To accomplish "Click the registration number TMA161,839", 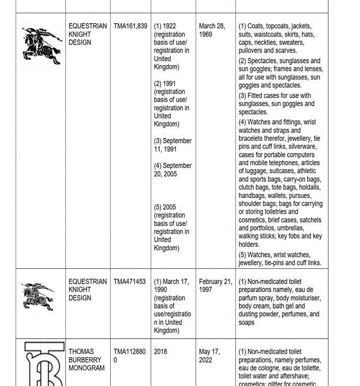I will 130,26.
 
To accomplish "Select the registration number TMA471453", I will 130,282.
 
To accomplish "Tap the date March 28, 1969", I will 212,30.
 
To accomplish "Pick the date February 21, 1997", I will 215,286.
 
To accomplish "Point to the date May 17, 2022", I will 209,355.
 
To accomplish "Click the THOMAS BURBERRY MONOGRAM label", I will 87,359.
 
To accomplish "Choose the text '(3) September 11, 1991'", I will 172,145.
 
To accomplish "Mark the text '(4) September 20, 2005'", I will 172,170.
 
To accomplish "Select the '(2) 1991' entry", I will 165,84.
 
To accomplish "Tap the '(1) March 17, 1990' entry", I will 171,286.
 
